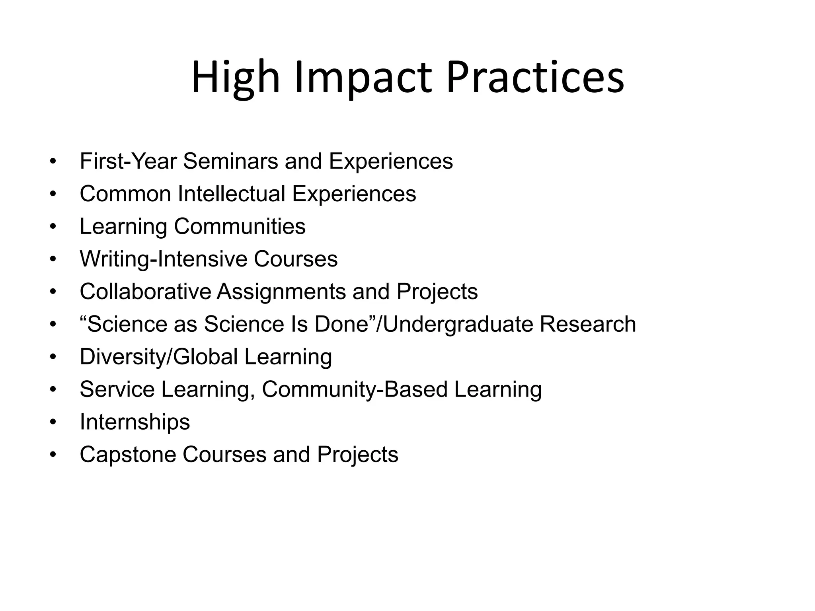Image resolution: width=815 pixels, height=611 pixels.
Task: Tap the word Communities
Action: pos(240,226)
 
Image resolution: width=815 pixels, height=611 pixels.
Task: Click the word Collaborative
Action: pos(145,292)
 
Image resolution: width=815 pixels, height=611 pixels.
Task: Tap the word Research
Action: pos(587,324)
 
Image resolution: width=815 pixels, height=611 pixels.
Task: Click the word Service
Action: pos(117,389)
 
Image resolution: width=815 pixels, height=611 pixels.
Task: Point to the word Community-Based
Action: pos(355,389)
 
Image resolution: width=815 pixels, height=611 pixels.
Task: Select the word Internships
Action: pos(135,422)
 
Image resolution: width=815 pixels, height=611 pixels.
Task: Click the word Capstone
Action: pos(128,455)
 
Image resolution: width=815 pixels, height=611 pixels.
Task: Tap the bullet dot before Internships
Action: pos(53,422)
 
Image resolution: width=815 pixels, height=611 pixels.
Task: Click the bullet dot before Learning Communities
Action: pos(53,226)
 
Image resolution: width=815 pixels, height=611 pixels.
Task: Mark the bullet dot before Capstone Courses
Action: pos(53,455)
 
